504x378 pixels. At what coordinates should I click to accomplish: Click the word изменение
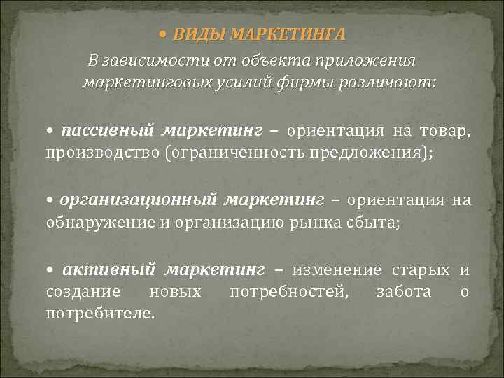(337, 270)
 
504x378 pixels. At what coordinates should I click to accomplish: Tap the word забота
(404, 291)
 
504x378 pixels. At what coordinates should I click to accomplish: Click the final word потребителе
(100, 312)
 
